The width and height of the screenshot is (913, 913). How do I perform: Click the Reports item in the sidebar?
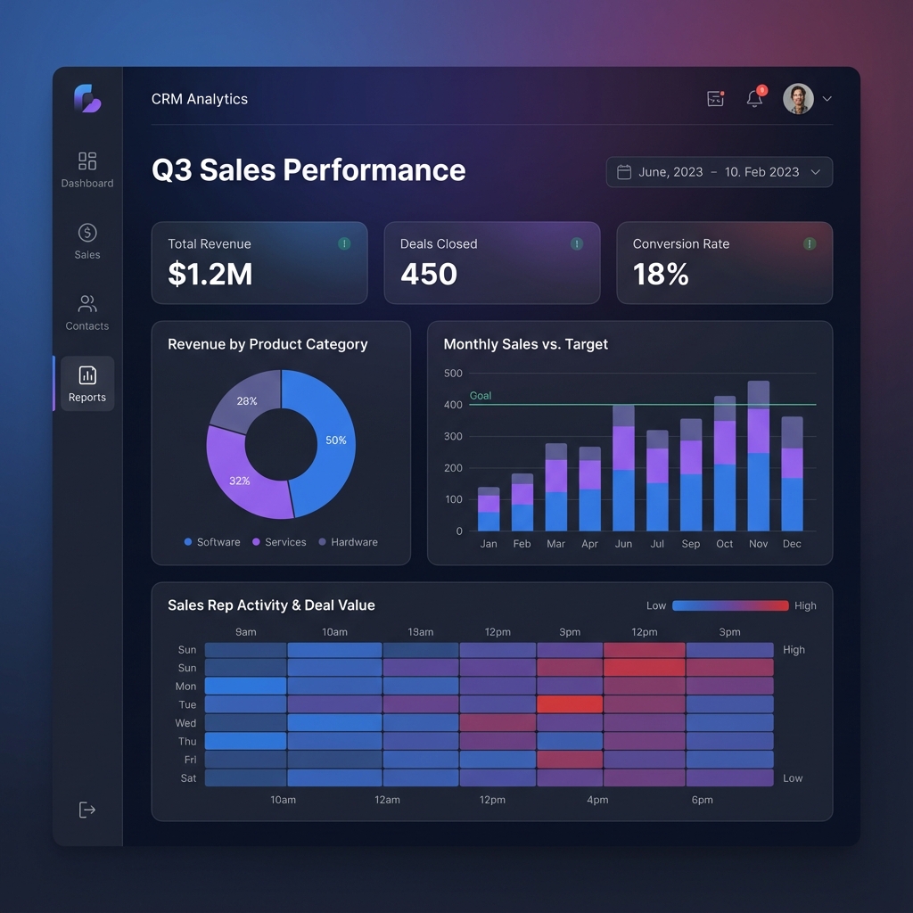pos(87,383)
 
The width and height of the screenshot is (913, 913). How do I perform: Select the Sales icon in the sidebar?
pos(87,233)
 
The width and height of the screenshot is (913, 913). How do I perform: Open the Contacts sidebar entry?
pos(87,312)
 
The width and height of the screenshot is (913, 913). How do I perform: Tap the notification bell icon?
pos(754,99)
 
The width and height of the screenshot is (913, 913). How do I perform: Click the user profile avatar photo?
pos(798,99)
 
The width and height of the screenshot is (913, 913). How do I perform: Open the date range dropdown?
pos(720,172)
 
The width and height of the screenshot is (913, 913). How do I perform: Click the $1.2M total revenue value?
pos(210,275)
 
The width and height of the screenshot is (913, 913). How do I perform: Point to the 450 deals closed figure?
pos(429,275)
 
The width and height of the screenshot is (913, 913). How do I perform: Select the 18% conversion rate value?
pos(661,275)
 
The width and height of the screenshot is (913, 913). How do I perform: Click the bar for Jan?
pos(489,509)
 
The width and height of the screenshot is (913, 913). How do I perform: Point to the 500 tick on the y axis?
pos(453,374)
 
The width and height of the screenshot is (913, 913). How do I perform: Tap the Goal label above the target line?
pos(481,396)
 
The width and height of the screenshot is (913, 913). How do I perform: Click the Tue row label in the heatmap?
pos(187,704)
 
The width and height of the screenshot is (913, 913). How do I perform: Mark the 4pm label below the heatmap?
pos(597,800)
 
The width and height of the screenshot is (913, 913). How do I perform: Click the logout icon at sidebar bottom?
pos(87,810)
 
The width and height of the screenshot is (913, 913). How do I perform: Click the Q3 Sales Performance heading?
pos(308,170)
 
